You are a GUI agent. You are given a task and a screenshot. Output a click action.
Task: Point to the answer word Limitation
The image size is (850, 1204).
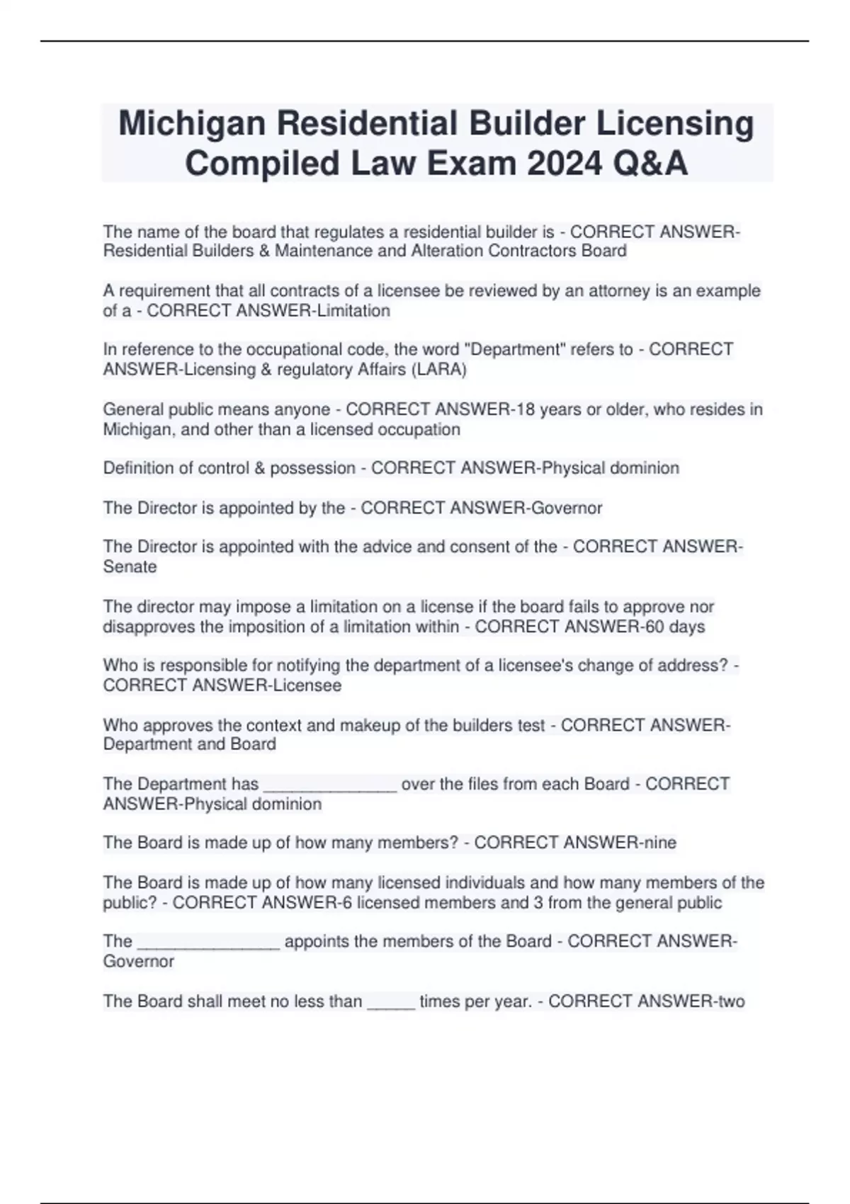[x=350, y=310]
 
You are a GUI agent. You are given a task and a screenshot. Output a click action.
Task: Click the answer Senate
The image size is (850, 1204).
[x=130, y=567]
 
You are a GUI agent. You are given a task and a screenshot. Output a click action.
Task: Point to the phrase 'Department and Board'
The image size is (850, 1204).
[x=189, y=744]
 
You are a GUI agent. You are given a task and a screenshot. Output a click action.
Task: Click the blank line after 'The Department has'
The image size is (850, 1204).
[x=329, y=785]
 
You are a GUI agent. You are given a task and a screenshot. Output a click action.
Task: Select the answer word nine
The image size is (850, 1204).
[x=657, y=842]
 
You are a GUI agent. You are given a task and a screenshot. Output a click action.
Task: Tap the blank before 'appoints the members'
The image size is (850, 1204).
[x=208, y=942]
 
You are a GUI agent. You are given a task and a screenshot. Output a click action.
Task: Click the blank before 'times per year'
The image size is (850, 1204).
[x=390, y=1001]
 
